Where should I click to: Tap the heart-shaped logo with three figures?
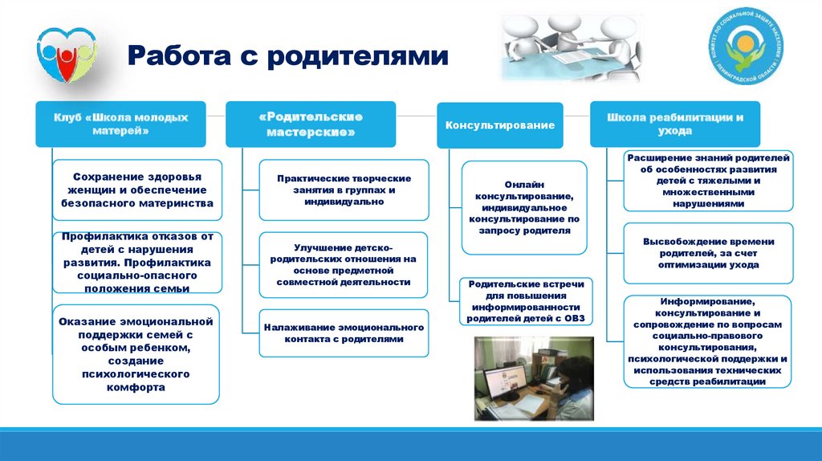coord(67,55)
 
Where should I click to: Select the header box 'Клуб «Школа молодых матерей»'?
coord(120,124)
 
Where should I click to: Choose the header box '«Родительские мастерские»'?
coord(310,124)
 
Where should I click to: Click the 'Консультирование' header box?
coord(500,125)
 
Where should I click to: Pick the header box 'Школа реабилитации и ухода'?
coord(674,124)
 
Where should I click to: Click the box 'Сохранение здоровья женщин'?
coord(136,190)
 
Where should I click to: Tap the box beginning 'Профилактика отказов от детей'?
coord(136,263)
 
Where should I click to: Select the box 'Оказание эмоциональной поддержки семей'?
coord(136,354)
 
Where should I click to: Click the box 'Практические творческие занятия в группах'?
coord(344,190)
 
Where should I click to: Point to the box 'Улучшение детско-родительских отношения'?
coord(344,265)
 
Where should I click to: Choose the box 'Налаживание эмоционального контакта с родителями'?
coord(344,333)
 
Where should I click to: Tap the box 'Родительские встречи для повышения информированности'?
coord(527,301)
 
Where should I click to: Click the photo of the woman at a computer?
coord(535,377)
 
